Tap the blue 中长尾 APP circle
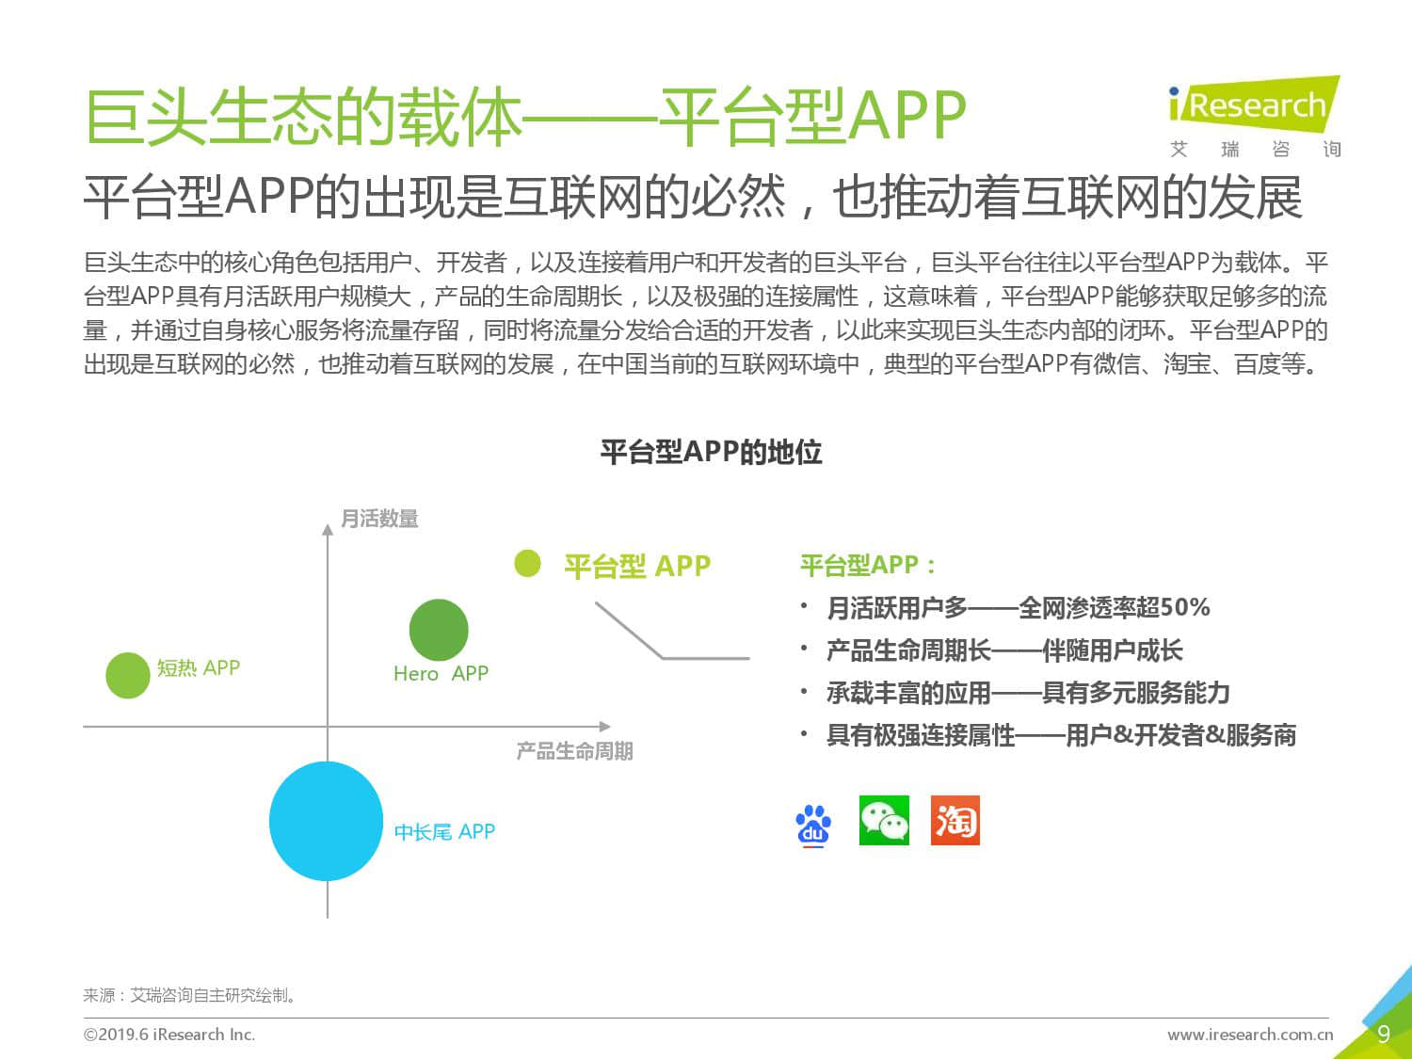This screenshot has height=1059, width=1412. tap(326, 821)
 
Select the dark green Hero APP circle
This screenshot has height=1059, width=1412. tap(439, 630)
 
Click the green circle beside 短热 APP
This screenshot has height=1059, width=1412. tap(127, 675)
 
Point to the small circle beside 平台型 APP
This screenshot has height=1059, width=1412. tap(527, 563)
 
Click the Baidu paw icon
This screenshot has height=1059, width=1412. tap(813, 825)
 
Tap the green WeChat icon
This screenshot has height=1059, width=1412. tap(884, 820)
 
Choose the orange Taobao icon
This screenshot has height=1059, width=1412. tap(955, 820)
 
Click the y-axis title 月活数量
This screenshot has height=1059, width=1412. tap(379, 519)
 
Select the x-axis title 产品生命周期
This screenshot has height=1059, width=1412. tap(574, 750)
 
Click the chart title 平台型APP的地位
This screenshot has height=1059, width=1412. tap(711, 452)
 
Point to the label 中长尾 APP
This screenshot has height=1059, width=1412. tap(444, 831)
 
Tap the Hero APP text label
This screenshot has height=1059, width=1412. tap(441, 673)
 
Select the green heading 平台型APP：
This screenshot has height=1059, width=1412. tap(868, 565)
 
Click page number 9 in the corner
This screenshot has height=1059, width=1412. tap(1384, 1034)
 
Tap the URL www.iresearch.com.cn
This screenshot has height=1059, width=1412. tap(1250, 1034)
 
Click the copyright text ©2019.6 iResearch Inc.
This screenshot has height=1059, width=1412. tap(169, 1034)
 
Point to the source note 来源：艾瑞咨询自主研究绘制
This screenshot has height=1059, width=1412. tap(190, 995)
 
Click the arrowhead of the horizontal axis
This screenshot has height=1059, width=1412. tap(605, 727)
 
